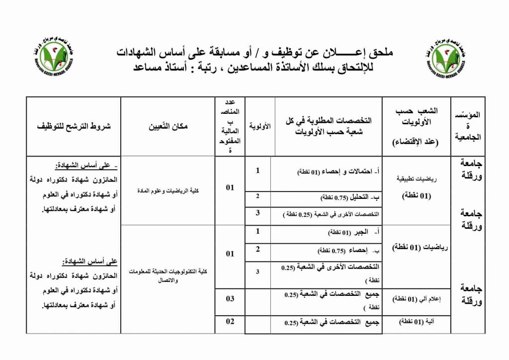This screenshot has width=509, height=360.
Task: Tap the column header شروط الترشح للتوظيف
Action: pos(74,126)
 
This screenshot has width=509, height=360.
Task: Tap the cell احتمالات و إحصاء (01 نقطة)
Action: pos(338,172)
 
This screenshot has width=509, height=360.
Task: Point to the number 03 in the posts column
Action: pos(230,298)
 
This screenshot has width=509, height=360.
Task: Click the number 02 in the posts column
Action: pos(230,321)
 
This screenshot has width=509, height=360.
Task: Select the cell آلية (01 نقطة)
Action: pos(417,322)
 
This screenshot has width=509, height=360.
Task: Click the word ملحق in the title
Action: pos(382,52)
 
